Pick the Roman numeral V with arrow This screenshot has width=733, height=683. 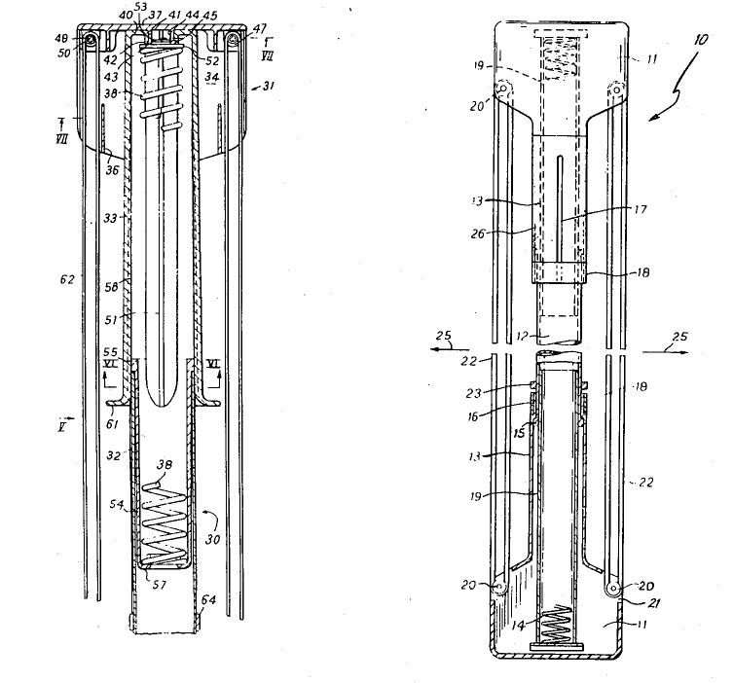(x=65, y=424)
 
